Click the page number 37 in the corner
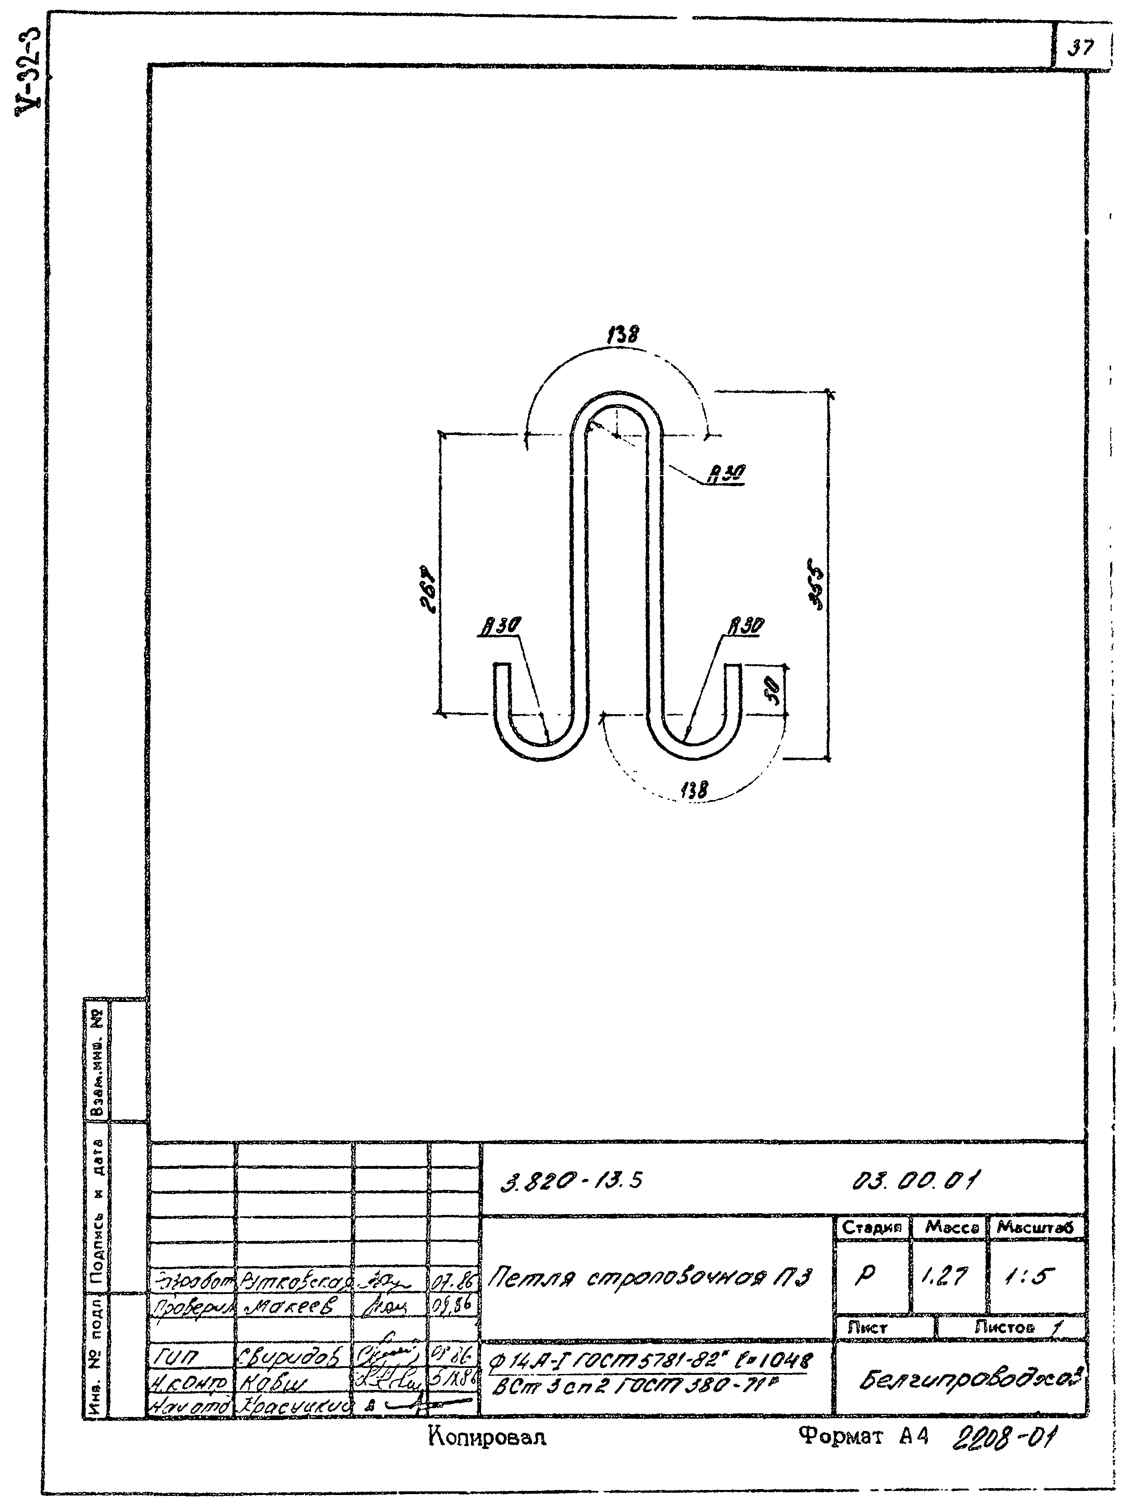coord(1081,48)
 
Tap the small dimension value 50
coord(773,694)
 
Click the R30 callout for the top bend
coord(726,473)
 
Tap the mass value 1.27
coord(947,1276)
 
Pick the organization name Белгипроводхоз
coord(969,1382)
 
